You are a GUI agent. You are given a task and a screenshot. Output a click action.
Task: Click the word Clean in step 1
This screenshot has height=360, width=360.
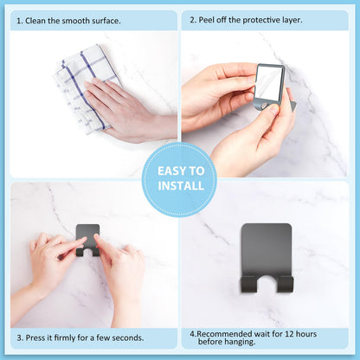tap(35, 21)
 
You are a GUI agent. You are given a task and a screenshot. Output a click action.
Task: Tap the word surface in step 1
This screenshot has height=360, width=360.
tap(106, 21)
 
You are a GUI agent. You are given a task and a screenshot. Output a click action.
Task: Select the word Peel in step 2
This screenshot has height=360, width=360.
tap(205, 20)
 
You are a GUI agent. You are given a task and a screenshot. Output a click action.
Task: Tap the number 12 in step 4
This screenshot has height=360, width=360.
tap(290, 334)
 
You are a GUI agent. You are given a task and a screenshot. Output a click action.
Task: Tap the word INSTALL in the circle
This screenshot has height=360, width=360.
tap(181, 186)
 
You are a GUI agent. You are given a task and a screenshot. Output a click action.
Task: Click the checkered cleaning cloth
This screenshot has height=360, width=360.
tap(84, 89)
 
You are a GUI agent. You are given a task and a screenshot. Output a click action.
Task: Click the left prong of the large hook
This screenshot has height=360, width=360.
tap(248, 284)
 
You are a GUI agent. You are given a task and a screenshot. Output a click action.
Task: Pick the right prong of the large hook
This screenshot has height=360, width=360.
tap(285, 284)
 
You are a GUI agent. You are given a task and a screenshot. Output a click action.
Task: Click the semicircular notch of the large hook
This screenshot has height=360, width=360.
tap(267, 279)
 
